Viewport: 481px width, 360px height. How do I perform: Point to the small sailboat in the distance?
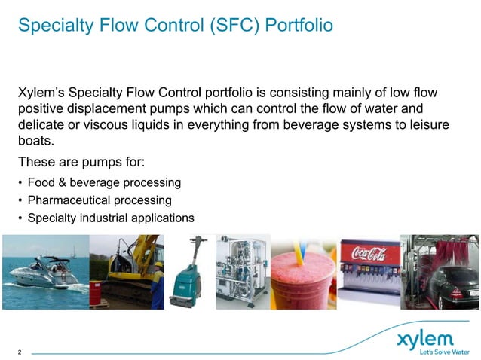pos(73,252)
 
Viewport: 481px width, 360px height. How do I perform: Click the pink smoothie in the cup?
pos(302,286)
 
